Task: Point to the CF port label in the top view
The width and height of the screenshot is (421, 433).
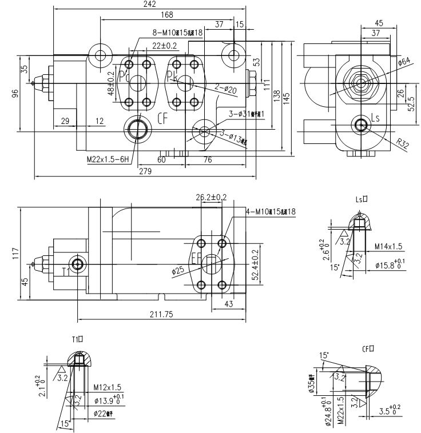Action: click(164, 119)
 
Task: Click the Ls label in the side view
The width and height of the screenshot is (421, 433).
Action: click(376, 118)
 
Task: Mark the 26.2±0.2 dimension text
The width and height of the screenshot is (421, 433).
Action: click(211, 197)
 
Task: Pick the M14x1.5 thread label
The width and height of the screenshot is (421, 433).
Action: click(389, 246)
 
